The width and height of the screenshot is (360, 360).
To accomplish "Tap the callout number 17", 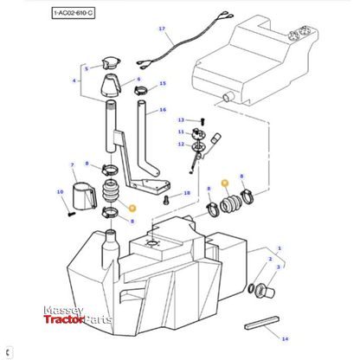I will coord(161,29).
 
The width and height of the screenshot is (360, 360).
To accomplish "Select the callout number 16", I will coord(161,111).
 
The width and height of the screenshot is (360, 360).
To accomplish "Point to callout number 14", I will coord(286,338).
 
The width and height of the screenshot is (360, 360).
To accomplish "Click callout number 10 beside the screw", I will coord(60,191).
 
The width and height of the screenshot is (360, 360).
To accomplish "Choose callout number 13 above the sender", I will coord(181,119).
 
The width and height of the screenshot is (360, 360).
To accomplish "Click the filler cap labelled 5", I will coord(111,63).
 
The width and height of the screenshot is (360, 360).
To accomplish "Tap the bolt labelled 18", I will coord(165,199).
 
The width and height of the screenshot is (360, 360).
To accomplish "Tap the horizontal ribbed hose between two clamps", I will coord(233,205).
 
